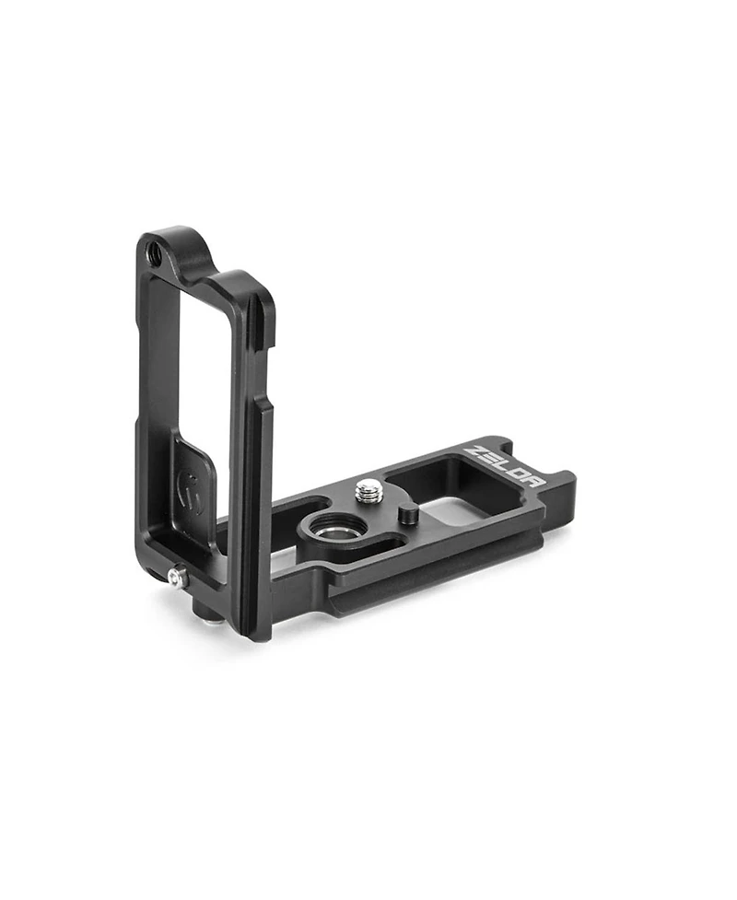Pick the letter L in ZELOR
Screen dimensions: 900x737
pos(506,467)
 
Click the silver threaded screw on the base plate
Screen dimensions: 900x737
pos(368,489)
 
